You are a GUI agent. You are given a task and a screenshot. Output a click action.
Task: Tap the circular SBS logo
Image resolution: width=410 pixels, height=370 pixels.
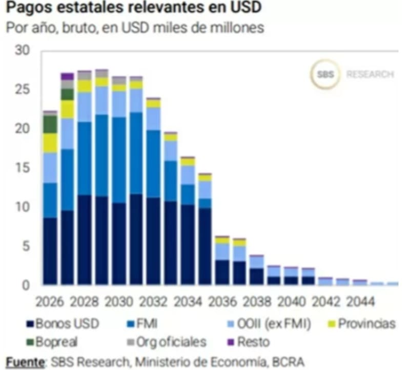click(x=325, y=75)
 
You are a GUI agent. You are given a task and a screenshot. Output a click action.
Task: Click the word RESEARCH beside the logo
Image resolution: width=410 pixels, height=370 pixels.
click(x=370, y=75)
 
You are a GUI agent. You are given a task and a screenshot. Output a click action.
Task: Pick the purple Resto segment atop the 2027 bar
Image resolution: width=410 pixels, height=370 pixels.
click(x=67, y=76)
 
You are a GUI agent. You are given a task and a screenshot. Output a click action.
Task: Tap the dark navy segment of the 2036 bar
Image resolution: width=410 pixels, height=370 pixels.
click(x=222, y=272)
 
